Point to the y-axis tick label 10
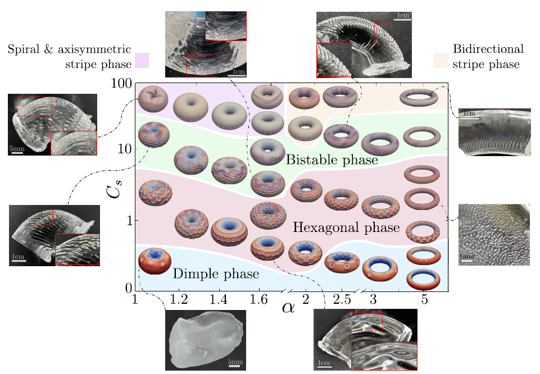(x=124, y=149)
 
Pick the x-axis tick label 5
(x=425, y=301)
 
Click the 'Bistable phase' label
(x=332, y=160)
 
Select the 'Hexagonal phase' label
(x=346, y=227)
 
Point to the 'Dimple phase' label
(x=216, y=274)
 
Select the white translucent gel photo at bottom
(x=206, y=340)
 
